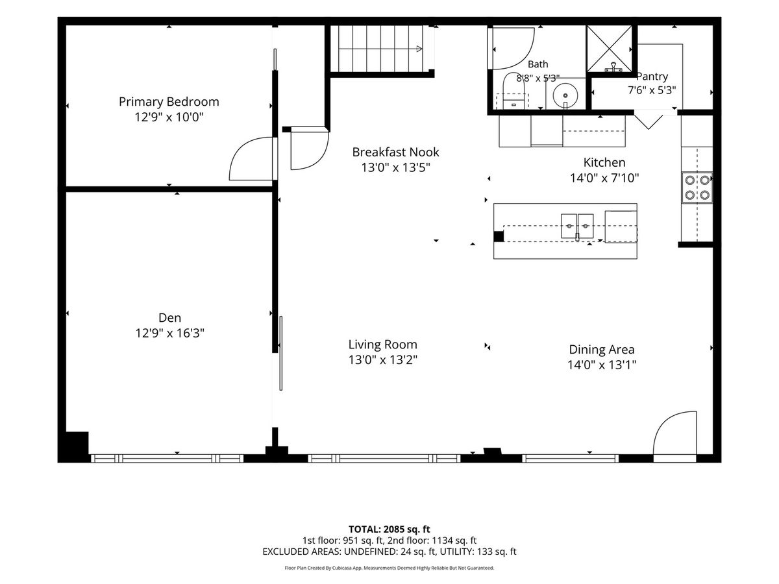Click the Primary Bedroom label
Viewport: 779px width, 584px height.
[169, 102]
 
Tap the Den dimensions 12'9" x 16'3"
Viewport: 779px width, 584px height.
[169, 333]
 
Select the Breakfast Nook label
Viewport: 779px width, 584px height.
[395, 152]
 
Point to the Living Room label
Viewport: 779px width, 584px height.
[382, 345]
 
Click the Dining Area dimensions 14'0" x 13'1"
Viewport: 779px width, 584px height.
[602, 365]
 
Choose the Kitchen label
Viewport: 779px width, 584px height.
[604, 162]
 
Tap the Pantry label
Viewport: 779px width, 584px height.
[652, 76]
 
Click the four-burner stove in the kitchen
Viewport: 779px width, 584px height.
[697, 188]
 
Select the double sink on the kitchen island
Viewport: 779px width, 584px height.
[576, 226]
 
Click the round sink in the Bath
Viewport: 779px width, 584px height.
[565, 96]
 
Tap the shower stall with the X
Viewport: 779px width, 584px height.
[609, 49]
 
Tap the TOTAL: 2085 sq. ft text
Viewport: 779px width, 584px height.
[389, 529]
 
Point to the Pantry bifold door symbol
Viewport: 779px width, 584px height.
[648, 121]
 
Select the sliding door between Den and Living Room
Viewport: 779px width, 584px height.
[280, 353]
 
